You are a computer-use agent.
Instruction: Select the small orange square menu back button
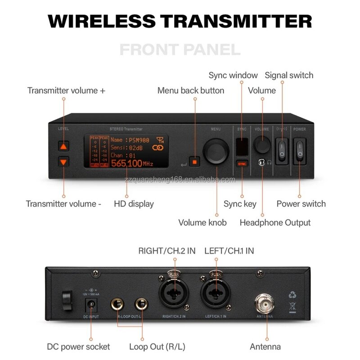pyautogui.click(x=194, y=161)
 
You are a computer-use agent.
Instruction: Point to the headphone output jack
pyautogui.click(x=261, y=162)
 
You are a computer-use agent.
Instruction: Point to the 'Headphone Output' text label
pyautogui.click(x=275, y=222)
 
